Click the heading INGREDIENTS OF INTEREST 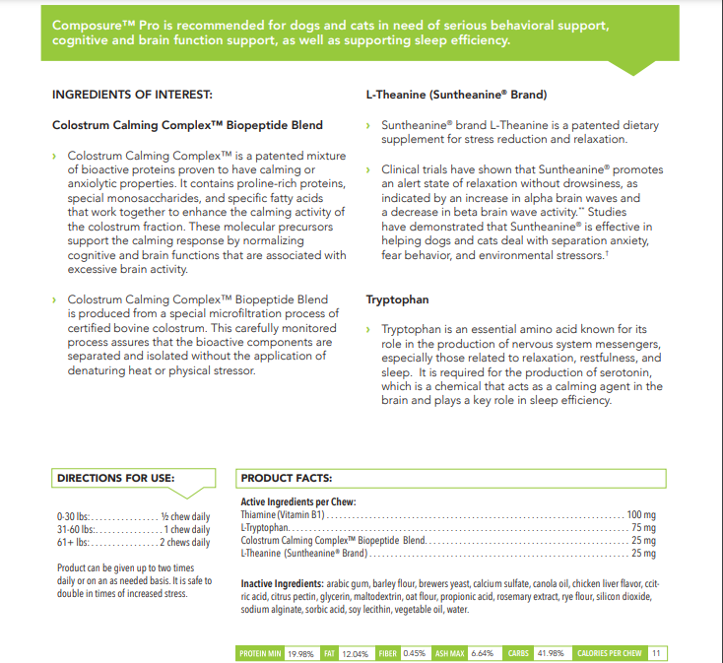131,95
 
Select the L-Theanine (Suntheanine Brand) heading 456,95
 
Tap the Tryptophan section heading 397,299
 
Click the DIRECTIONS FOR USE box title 115,478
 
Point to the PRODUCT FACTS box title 286,478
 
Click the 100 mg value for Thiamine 641,515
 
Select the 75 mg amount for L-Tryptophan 643,528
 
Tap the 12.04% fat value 355,653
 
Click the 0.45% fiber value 415,653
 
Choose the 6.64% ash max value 482,653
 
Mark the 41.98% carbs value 549,653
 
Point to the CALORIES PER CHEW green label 609,653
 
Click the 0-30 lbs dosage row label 74,516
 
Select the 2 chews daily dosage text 186,542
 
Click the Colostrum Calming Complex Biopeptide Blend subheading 187,125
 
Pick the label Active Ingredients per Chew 297,502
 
